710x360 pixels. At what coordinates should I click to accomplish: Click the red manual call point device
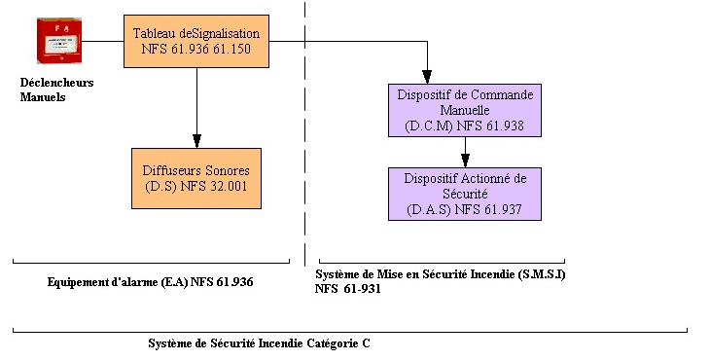click(59, 41)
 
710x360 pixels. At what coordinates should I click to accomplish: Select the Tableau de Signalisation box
click(196, 41)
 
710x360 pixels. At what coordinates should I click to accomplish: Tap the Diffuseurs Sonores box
click(196, 178)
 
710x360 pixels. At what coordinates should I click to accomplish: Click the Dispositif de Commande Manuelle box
click(465, 110)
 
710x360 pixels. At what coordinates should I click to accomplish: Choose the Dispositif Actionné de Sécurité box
click(465, 194)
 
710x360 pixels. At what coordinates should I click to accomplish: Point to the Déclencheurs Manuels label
click(56, 90)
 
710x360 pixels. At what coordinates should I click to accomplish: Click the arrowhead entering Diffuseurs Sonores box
click(196, 141)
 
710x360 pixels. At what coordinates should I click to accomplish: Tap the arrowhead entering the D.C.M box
click(427, 77)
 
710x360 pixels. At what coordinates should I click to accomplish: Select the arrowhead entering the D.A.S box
click(465, 161)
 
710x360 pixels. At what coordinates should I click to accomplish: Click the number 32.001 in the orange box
click(229, 186)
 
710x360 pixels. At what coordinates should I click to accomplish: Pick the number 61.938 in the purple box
click(505, 126)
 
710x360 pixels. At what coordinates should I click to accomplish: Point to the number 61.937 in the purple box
click(503, 209)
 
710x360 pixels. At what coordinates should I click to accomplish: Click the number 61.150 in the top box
click(231, 49)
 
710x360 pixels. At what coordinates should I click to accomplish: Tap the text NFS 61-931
click(348, 288)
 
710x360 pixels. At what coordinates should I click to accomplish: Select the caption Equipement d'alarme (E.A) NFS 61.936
click(151, 282)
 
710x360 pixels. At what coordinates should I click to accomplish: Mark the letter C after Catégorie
click(366, 343)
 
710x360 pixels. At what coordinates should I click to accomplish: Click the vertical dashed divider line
click(304, 133)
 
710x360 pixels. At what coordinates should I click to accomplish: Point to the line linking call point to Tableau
click(103, 41)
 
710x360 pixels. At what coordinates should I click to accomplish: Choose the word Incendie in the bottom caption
click(280, 343)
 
